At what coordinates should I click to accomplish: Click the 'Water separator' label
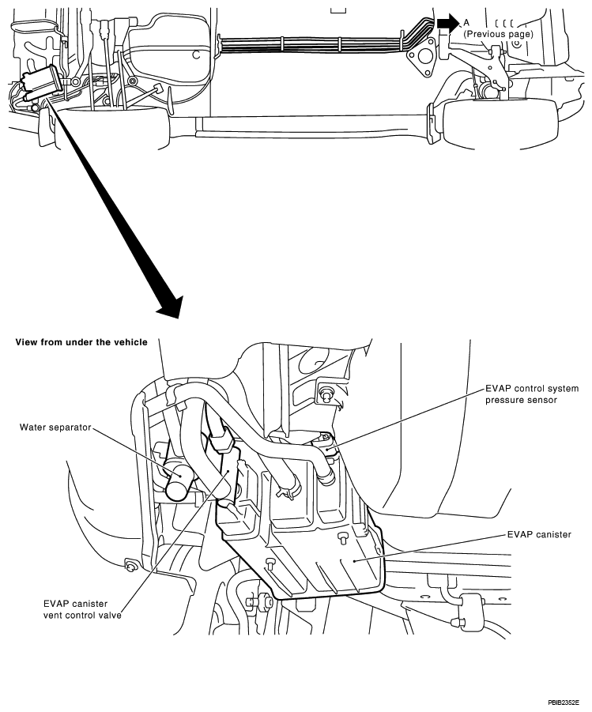[55, 428]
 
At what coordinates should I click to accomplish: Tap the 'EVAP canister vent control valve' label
[82, 609]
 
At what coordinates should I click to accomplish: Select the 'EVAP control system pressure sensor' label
[532, 394]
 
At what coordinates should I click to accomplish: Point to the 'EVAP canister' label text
[539, 534]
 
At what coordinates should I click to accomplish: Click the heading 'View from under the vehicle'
[81, 342]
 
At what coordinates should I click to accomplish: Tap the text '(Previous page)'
[498, 34]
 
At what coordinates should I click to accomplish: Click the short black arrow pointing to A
[448, 22]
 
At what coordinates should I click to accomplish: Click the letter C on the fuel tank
[196, 55]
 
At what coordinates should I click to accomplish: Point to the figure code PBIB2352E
[564, 703]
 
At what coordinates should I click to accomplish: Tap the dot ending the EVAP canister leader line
[355, 561]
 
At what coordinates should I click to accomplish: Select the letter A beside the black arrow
[466, 22]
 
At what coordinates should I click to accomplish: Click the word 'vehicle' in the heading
[130, 342]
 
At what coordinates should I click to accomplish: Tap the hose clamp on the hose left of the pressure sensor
[288, 489]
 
